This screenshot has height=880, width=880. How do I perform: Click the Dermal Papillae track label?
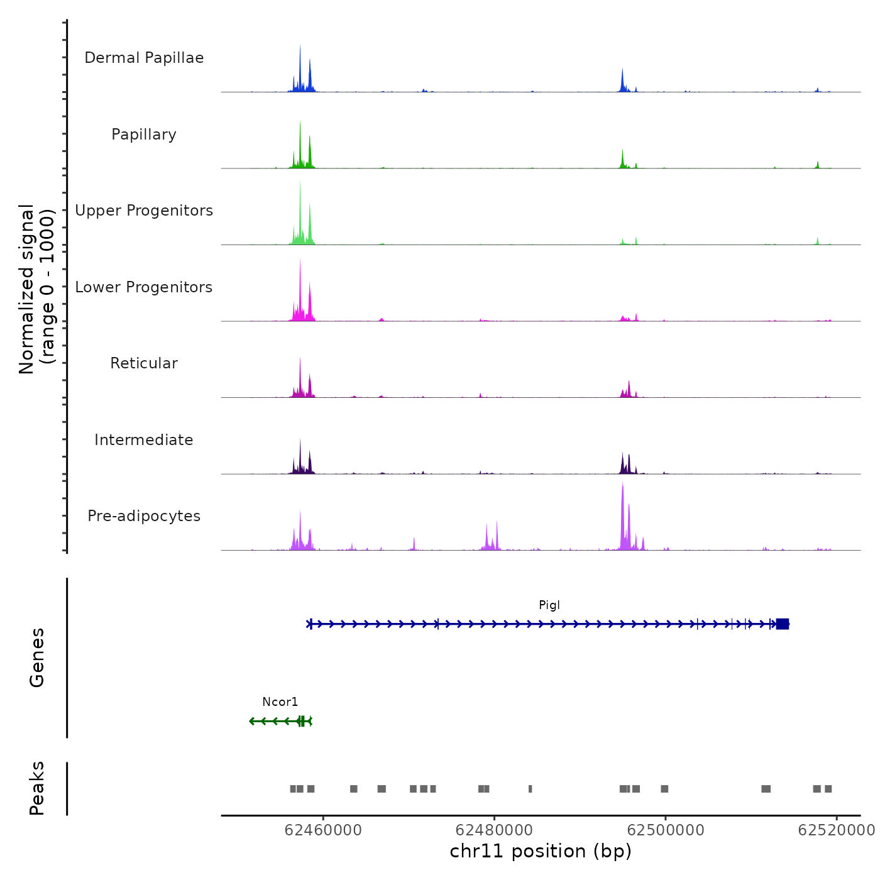pos(144,58)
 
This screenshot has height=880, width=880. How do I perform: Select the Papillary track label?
pos(144,135)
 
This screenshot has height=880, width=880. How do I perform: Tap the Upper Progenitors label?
pos(144,211)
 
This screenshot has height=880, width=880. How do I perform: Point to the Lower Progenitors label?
pos(144,287)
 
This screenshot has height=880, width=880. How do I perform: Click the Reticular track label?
pos(144,363)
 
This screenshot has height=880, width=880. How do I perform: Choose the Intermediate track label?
pos(144,440)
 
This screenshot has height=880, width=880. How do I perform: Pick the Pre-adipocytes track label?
pos(144,516)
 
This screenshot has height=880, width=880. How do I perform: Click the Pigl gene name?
pos(549,605)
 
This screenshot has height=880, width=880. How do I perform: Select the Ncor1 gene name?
pos(280,702)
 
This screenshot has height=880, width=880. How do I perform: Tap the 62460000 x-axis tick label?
pos(323,830)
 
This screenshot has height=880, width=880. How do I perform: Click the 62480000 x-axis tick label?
pos(494,830)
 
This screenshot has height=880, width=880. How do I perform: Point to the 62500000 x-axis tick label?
pos(666,830)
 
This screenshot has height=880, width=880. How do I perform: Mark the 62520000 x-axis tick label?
pos(836,830)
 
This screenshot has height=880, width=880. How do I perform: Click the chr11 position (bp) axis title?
pos(541,851)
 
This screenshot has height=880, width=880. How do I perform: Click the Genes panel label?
pos(37,657)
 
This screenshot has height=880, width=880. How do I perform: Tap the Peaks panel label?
pos(37,788)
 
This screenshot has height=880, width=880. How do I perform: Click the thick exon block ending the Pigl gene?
pos(782,624)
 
